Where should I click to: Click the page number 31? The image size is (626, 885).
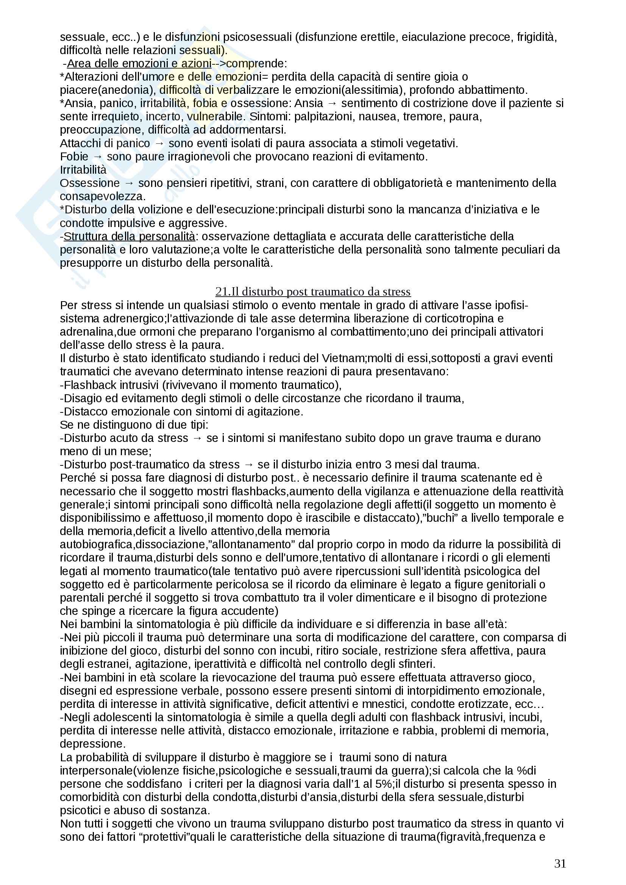click(560, 863)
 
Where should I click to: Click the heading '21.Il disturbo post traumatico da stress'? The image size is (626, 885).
click(313, 291)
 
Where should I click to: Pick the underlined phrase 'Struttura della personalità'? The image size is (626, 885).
click(129, 236)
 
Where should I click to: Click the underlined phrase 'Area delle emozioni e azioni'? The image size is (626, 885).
click(139, 63)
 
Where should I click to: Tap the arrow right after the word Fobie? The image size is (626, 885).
click(98, 157)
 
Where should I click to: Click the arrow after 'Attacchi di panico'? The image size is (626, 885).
click(159, 143)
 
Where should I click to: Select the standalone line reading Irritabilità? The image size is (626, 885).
click(83, 170)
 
